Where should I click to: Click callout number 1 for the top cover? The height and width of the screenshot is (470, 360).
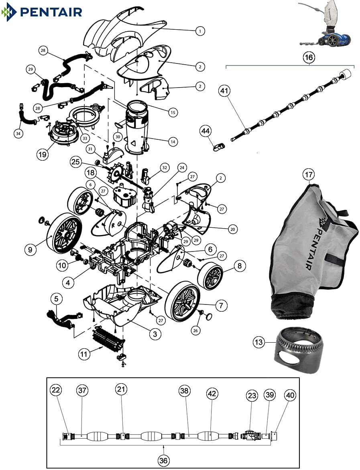click(x=200, y=31)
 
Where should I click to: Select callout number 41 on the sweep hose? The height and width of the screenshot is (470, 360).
click(x=224, y=90)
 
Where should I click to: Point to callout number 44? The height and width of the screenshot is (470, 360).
click(x=205, y=131)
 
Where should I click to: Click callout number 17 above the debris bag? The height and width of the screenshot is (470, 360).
click(x=309, y=174)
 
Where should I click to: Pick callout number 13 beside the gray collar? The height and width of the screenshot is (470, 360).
click(x=259, y=342)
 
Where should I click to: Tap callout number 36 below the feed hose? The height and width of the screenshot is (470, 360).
click(x=163, y=460)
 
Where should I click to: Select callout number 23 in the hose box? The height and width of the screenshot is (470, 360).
click(x=252, y=396)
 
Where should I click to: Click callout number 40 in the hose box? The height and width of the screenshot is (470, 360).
click(x=290, y=395)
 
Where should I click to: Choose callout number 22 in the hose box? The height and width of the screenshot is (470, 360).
click(x=56, y=390)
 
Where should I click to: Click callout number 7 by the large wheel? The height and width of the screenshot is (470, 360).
click(x=221, y=305)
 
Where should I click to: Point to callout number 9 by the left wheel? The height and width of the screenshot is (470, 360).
click(x=30, y=249)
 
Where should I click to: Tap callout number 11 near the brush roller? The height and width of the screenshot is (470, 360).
click(x=84, y=354)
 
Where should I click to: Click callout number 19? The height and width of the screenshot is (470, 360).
click(x=42, y=154)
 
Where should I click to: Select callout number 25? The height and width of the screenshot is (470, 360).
click(x=75, y=162)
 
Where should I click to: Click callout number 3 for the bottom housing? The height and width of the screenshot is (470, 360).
click(x=155, y=333)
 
